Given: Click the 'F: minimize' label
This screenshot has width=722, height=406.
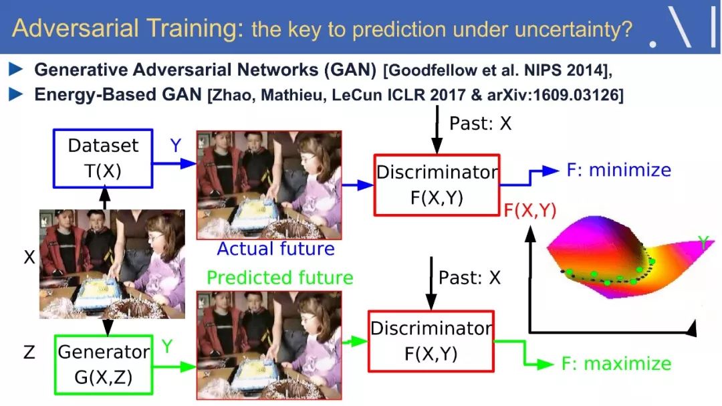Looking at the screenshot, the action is click(619, 170).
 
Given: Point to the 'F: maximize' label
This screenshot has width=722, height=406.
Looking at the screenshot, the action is click(616, 364).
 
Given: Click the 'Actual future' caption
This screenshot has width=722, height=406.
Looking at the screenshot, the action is click(276, 249).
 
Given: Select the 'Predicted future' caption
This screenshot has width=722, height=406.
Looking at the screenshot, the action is click(280, 278).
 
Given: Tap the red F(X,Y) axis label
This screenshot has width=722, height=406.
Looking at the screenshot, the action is click(530, 210).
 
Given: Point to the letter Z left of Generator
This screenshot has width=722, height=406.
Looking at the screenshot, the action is click(29, 352).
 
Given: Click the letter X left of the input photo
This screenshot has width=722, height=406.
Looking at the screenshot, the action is click(29, 257).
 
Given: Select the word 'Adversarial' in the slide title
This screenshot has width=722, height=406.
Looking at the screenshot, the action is click(76, 27).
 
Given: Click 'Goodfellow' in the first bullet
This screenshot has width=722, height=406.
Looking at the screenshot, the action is click(431, 70).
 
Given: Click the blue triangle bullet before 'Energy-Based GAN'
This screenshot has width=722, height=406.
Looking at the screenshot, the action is click(16, 94).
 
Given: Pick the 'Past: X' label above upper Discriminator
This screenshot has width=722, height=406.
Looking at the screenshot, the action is click(480, 124).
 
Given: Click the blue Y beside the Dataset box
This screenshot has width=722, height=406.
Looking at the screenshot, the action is click(175, 146).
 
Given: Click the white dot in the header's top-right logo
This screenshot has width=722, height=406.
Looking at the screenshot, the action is click(652, 44).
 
